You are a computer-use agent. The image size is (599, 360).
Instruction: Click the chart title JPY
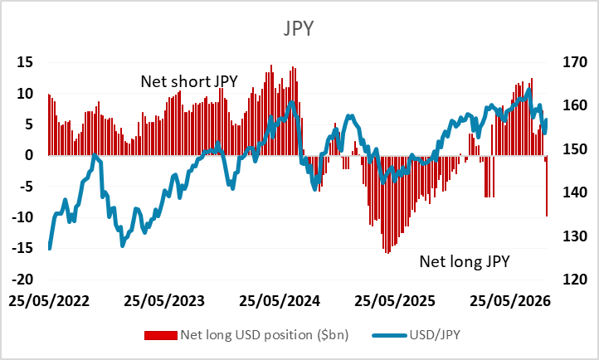pyautogui.click(x=299, y=28)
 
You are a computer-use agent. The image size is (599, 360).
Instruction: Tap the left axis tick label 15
pyautogui.click(x=25, y=62)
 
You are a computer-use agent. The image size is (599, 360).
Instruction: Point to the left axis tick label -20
pyautogui.click(x=22, y=279)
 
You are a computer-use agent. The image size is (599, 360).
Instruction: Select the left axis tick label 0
pyautogui.click(x=29, y=155)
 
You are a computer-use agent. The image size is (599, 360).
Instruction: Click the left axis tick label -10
pyautogui.click(x=22, y=217)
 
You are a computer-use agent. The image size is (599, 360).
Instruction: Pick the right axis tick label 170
pyautogui.click(x=575, y=62)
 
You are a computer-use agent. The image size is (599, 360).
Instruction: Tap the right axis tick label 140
pyautogui.click(x=575, y=192)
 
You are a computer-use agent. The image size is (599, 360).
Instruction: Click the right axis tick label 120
pyautogui.click(x=575, y=279)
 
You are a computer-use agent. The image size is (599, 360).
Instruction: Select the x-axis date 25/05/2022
pyautogui.click(x=49, y=301)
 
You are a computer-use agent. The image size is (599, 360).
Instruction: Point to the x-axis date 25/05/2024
pyautogui.click(x=280, y=301)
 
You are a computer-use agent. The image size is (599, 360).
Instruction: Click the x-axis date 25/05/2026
pyautogui.click(x=510, y=301)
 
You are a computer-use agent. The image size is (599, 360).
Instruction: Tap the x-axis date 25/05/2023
pyautogui.click(x=164, y=301)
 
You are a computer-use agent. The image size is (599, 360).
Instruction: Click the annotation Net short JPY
pyautogui.click(x=189, y=81)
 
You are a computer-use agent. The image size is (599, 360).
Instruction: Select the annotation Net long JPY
pyautogui.click(x=465, y=261)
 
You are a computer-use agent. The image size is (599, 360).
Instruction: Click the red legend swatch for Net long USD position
pyautogui.click(x=160, y=335)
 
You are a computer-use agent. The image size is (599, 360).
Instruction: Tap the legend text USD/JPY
pyautogui.click(x=435, y=335)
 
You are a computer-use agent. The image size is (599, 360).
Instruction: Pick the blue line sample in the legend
pyautogui.click(x=389, y=336)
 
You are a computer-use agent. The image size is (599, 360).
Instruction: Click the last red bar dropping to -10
pyautogui.click(x=547, y=186)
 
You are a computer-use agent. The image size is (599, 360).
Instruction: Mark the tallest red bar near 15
pyautogui.click(x=271, y=110)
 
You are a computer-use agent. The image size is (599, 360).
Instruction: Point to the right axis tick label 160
pyautogui.click(x=575, y=105)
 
